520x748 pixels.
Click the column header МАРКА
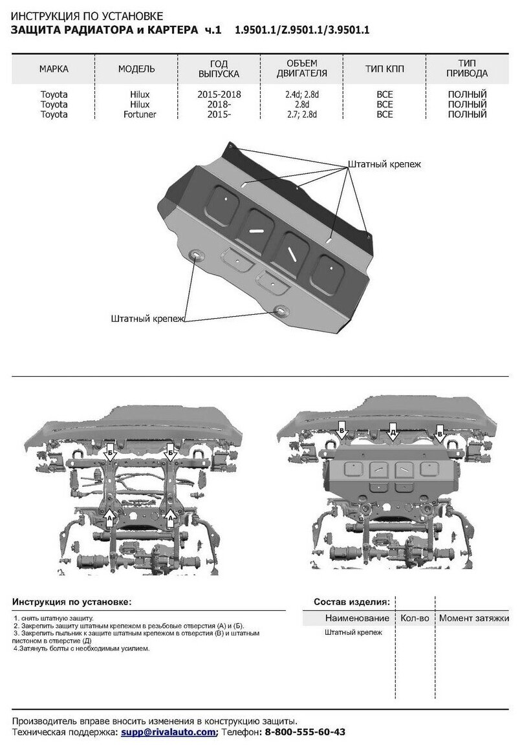coord(54,69)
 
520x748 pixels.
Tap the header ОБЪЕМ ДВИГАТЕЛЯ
coord(302,68)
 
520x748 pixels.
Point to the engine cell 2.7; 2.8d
coord(302,114)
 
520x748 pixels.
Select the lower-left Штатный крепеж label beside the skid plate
coord(148,318)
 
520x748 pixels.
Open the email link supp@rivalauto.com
coord(168,732)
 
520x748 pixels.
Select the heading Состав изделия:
coord(351,601)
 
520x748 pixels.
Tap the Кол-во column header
coord(415,618)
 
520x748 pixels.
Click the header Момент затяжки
coord(473,618)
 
